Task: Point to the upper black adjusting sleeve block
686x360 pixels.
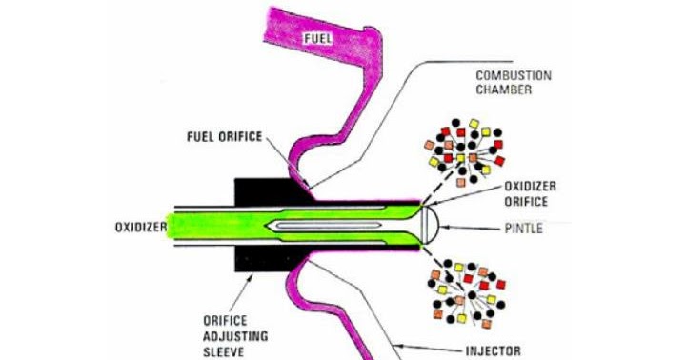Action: (x=255, y=191)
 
